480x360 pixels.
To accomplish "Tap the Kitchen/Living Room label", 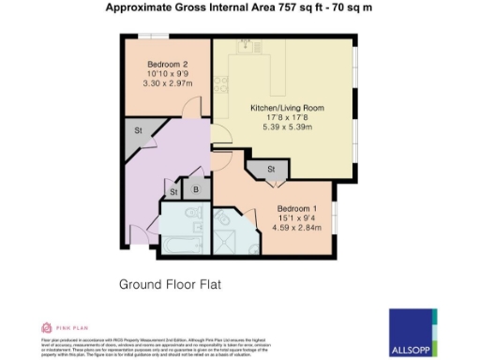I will (287, 109).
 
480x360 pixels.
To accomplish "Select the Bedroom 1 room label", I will (296, 207).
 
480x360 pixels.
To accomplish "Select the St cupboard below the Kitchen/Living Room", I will (270, 170).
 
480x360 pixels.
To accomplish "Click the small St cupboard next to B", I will (173, 192).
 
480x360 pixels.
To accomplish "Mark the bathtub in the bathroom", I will (175, 247).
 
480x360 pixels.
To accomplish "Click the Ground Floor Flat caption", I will (169, 283).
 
